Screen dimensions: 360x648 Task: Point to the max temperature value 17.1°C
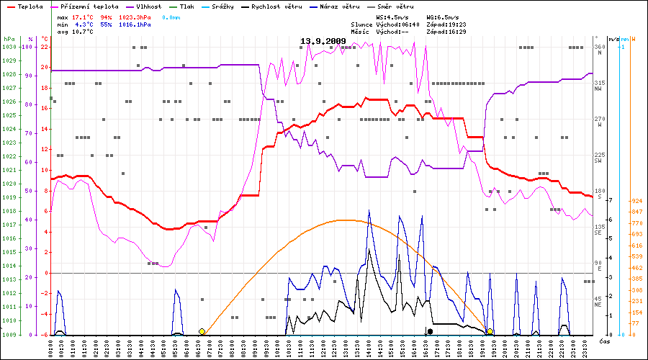coord(83,16)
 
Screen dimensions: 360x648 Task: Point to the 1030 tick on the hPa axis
coord(9,47)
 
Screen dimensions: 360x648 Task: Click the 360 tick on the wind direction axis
coord(599,47)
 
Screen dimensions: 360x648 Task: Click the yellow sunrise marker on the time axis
coord(202,331)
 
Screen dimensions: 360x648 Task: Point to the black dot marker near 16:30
coord(430,331)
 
